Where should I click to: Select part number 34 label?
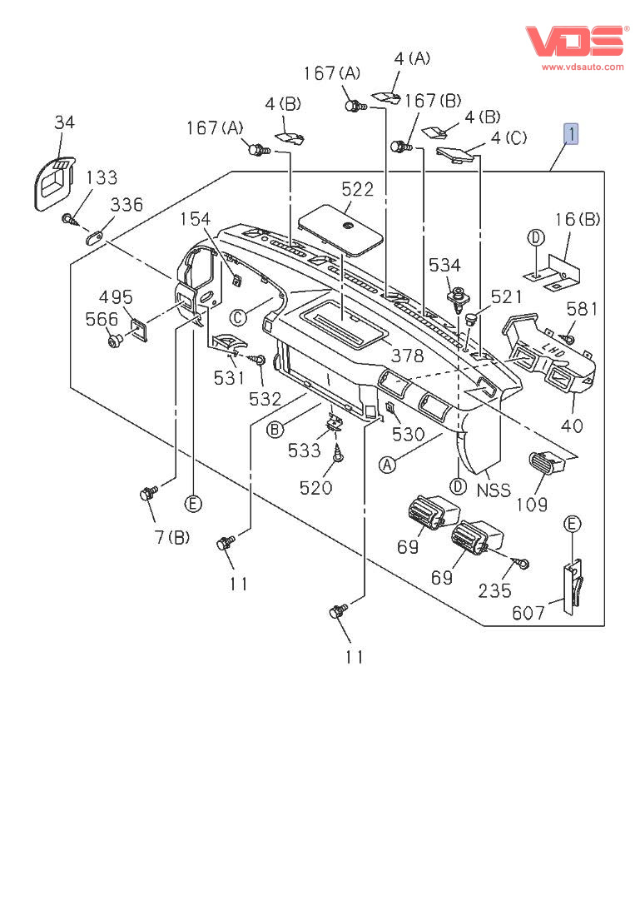64,122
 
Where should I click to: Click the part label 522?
358,189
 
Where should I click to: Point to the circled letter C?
239,316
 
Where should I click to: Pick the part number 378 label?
407,356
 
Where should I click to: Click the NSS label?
493,490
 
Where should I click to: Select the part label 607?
528,614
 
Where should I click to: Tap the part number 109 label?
532,504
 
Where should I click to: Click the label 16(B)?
578,220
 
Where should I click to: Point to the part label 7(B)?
171,537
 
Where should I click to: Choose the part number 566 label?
102,319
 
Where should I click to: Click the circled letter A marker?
387,465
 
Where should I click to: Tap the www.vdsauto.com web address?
583,67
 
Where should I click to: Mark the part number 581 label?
582,309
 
